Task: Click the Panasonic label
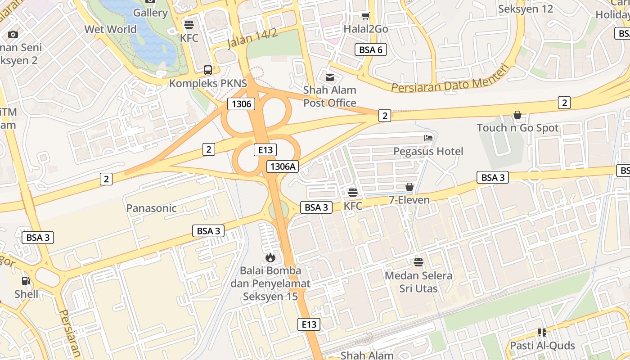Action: tap(151, 208)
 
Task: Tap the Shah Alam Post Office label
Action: tap(330, 96)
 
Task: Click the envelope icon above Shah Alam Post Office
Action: tap(330, 77)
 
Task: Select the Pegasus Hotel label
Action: tap(428, 151)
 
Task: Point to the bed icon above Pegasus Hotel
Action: tap(428, 138)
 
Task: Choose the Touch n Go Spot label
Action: tap(517, 128)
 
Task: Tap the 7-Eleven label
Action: tap(409, 200)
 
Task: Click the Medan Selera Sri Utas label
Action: tap(418, 282)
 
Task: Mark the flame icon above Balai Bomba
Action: tap(270, 257)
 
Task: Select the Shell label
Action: tap(26, 294)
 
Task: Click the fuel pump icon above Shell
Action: tap(26, 281)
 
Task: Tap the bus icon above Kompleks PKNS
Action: tap(207, 70)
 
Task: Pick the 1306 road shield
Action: tap(241, 104)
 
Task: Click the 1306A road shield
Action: tap(282, 166)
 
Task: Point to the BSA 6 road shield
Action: tap(370, 49)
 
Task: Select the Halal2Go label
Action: tap(366, 29)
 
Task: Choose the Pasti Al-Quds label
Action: tap(542, 346)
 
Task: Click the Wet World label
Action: tap(110, 29)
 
